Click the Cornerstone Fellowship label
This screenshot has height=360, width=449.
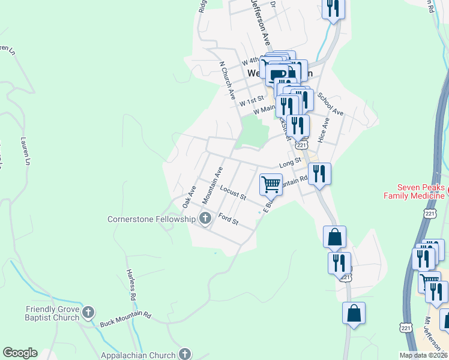pyautogui.click(x=151, y=219)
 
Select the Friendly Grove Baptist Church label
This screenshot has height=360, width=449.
pyautogui.click(x=53, y=313)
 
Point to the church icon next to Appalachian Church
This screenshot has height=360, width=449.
pyautogui.click(x=185, y=354)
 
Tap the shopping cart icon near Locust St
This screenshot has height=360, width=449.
pyautogui.click(x=271, y=184)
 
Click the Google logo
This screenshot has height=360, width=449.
pyautogui.click(x=20, y=353)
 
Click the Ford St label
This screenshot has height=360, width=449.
pyautogui.click(x=228, y=220)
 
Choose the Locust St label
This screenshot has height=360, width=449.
pyautogui.click(x=233, y=193)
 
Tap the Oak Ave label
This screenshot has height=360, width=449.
pyautogui.click(x=189, y=197)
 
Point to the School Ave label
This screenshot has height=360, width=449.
pyautogui.click(x=330, y=104)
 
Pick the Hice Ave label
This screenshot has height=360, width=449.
pyautogui.click(x=324, y=130)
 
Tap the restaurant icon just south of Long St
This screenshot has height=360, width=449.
pyautogui.click(x=319, y=174)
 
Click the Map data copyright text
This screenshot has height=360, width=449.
pyautogui.click(x=424, y=355)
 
